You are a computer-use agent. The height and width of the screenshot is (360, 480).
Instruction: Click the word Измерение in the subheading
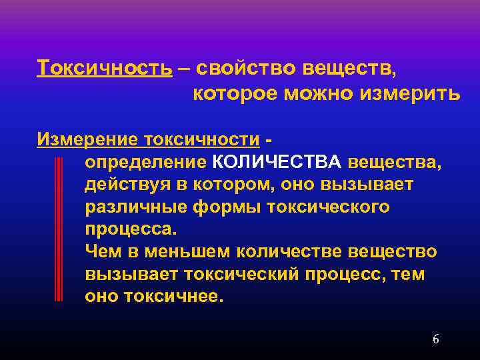[x=81, y=139]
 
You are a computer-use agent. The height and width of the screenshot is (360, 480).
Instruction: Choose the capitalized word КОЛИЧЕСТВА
[x=276, y=162]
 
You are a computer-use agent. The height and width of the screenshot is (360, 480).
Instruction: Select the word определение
[x=145, y=162]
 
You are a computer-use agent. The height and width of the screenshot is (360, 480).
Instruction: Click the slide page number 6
[x=436, y=339]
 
